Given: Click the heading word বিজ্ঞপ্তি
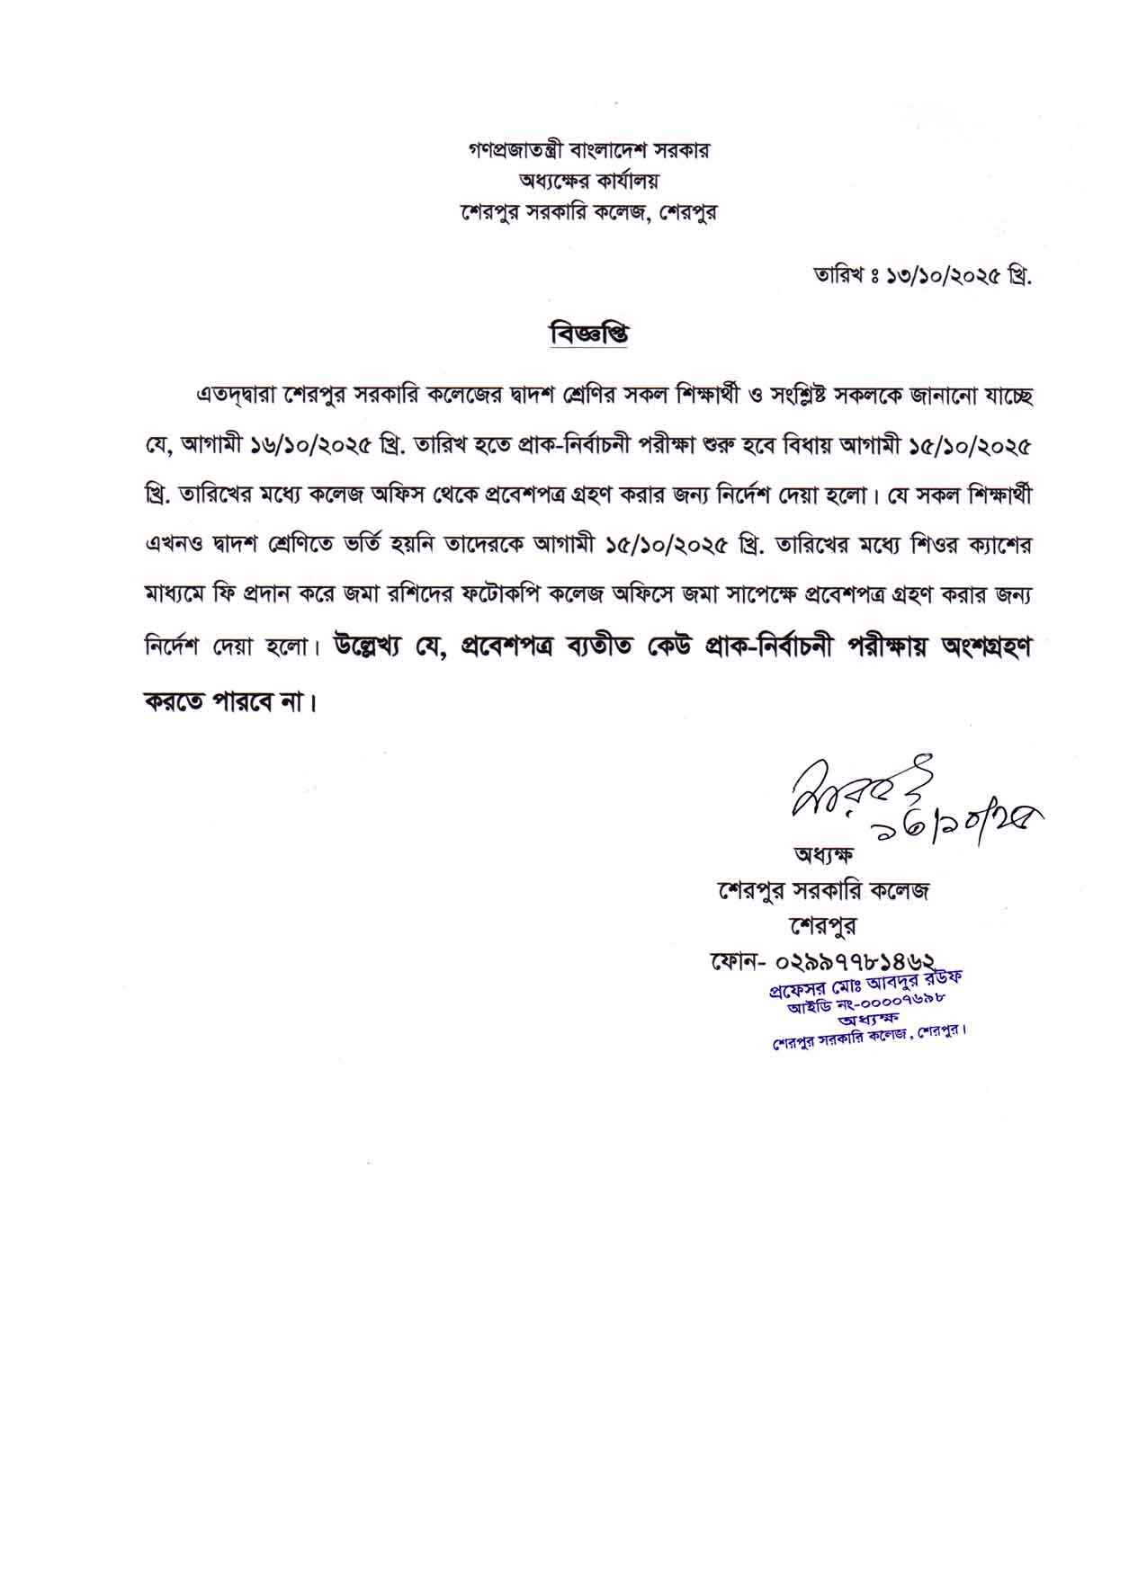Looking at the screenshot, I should pyautogui.click(x=588, y=334).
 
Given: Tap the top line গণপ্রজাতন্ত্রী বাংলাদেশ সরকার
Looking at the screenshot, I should pyautogui.click(x=589, y=150).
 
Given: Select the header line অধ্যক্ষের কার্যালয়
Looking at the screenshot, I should pyautogui.click(x=589, y=181).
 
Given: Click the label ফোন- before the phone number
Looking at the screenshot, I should pyautogui.click(x=736, y=963).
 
